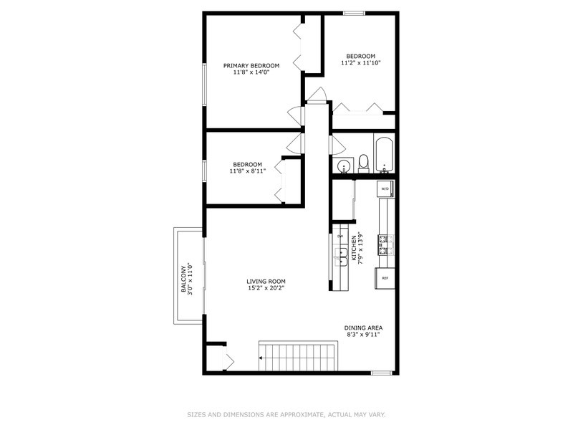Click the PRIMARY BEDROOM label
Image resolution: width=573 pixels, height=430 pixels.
[251, 65]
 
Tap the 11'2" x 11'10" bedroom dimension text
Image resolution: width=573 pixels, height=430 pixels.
[361, 63]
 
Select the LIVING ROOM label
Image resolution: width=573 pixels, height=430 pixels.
[266, 281]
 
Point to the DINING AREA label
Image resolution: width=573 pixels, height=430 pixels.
[363, 328]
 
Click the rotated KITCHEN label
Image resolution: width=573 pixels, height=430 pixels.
[354, 248]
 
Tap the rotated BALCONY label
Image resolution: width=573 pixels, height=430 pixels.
[183, 279]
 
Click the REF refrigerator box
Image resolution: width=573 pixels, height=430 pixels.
[385, 278]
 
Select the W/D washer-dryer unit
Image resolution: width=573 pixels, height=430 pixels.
[385, 189]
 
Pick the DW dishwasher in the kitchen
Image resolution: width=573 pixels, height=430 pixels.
[340, 236]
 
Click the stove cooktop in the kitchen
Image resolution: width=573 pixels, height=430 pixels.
[385, 245]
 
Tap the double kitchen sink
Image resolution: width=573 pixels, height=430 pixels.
[341, 257]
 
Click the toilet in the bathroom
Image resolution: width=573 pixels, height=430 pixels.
[363, 163]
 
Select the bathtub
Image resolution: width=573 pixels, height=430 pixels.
[384, 155]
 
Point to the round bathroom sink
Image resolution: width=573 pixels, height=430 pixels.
[345, 166]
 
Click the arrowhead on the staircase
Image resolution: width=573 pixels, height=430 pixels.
[261, 358]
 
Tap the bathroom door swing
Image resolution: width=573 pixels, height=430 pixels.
[337, 145]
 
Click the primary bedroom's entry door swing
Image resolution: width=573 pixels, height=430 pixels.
[296, 116]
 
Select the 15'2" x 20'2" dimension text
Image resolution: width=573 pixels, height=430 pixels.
[266, 288]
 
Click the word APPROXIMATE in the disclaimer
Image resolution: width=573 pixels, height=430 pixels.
[301, 415]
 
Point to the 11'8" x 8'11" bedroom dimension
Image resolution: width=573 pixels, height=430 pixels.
[248, 171]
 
